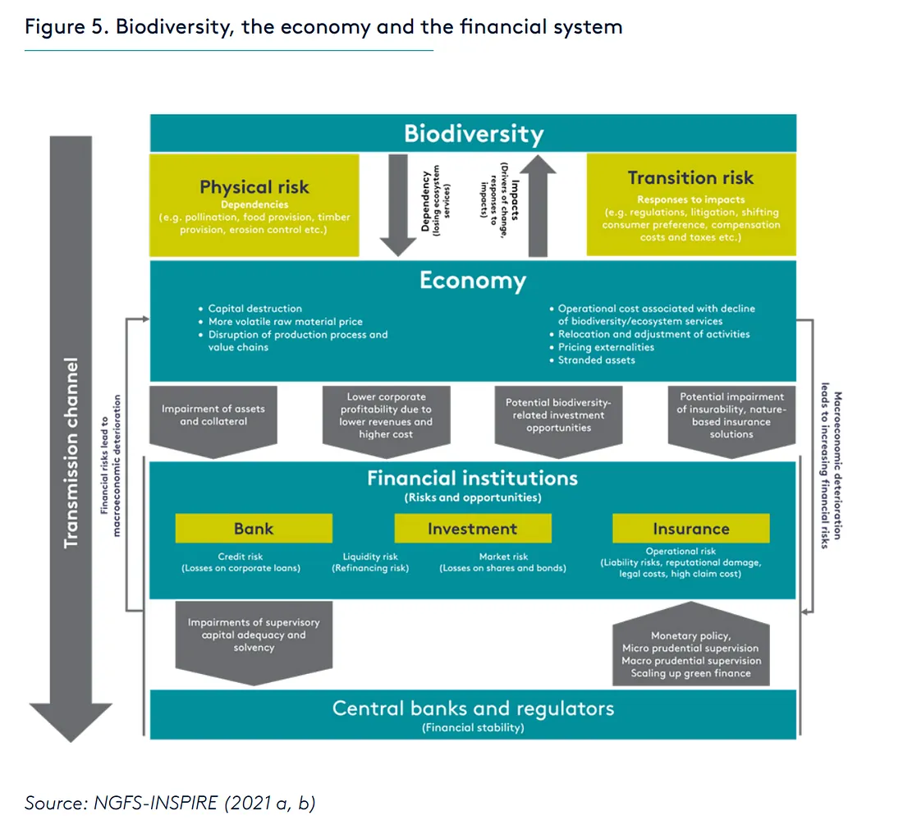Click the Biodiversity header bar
click(x=473, y=133)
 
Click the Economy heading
click(x=473, y=281)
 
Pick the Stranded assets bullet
click(x=596, y=360)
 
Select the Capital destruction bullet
click(x=254, y=309)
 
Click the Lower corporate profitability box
click(x=386, y=415)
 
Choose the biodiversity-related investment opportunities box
click(x=558, y=415)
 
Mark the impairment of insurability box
click(x=731, y=415)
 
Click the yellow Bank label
click(x=254, y=529)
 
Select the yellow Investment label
click(x=472, y=529)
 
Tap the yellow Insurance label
click(x=690, y=529)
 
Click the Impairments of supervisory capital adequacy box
click(x=254, y=635)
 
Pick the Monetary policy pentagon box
click(x=690, y=654)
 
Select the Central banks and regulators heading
click(x=473, y=708)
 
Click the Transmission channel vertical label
click(x=71, y=451)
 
